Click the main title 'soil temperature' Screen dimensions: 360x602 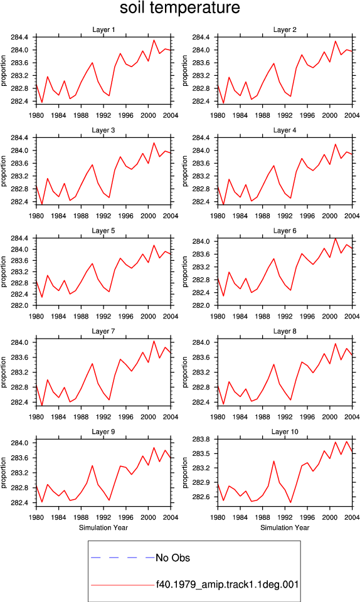point(179,8)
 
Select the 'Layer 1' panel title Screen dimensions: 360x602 point(103,29)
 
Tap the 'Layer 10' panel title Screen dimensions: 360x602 point(285,431)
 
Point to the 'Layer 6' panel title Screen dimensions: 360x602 point(285,230)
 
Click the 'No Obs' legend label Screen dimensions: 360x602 point(172,557)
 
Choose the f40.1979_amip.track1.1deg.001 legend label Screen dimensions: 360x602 point(227,584)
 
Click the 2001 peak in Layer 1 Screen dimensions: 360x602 point(154,40)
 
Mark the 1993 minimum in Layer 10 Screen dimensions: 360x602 point(290,502)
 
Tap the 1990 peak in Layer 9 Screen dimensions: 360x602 point(92,466)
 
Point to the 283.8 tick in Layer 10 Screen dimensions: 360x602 point(199,439)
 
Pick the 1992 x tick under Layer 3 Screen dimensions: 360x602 point(103,216)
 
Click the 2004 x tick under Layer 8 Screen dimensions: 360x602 point(352,416)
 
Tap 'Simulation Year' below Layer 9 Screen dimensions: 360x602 point(103,527)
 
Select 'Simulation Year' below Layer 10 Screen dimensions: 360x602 point(285,527)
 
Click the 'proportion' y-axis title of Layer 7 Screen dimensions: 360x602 point(4,372)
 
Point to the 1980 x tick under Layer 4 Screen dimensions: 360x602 point(218,216)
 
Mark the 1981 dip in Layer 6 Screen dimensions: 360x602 point(223,295)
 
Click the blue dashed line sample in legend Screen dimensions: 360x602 point(122,557)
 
